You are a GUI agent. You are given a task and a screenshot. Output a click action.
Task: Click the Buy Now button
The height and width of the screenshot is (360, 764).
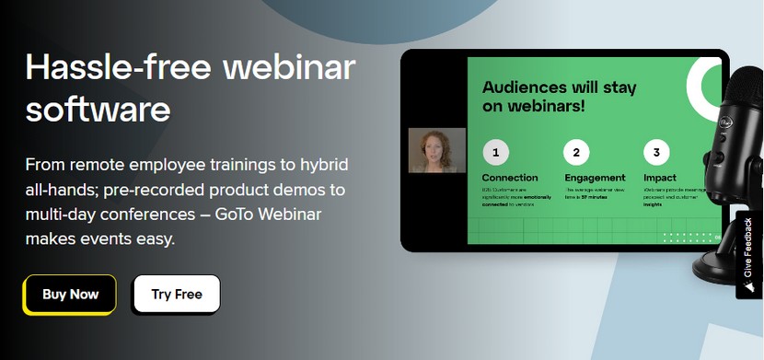70,295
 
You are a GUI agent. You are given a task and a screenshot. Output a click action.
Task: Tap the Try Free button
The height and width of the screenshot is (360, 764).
176,295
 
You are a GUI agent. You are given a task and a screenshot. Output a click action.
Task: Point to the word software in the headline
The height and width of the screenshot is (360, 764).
98,110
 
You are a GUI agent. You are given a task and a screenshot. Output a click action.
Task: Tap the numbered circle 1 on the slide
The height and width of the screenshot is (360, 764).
495,152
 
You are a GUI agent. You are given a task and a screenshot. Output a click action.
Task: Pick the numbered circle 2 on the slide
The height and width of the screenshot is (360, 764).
576,152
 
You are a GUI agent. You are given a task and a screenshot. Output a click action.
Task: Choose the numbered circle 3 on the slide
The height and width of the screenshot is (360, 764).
656,152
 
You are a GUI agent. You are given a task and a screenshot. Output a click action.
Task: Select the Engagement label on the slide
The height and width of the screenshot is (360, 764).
594,177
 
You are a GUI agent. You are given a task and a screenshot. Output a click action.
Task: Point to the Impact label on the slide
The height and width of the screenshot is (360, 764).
660,177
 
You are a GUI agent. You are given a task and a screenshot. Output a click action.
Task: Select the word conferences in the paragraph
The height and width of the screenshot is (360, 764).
144,215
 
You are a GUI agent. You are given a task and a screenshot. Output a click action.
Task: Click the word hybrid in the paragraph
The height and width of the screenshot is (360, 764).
325,166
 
